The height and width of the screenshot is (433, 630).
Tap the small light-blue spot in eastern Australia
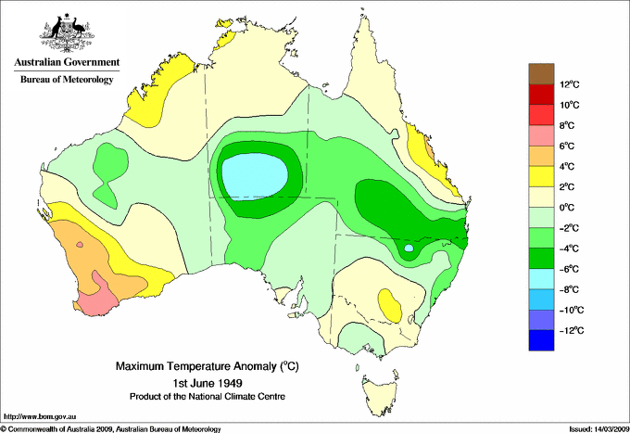[x=409, y=248]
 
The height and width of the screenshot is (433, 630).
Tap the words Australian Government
[x=66, y=63]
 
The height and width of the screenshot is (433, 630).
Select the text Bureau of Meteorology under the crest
[x=66, y=80]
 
